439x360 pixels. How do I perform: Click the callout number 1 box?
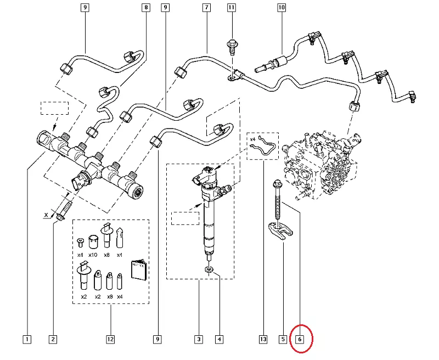[x=27, y=340]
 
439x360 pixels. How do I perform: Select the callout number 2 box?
[x=53, y=340]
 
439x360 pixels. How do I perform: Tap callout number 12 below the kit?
[x=110, y=340]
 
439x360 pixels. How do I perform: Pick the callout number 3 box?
[x=199, y=340]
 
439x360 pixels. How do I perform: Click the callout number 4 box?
[x=219, y=340]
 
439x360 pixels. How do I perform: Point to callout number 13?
[x=263, y=340]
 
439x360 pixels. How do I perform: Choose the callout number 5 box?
[x=283, y=340]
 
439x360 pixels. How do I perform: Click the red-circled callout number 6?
[x=300, y=340]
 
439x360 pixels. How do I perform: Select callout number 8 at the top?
[x=145, y=8]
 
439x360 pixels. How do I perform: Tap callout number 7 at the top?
[x=206, y=8]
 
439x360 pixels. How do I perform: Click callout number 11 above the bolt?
[x=231, y=8]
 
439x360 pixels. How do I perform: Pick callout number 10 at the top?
[x=282, y=8]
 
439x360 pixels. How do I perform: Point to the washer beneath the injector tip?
[x=209, y=269]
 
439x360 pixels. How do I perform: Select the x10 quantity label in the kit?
[x=94, y=255]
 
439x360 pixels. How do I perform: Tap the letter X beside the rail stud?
[x=46, y=216]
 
